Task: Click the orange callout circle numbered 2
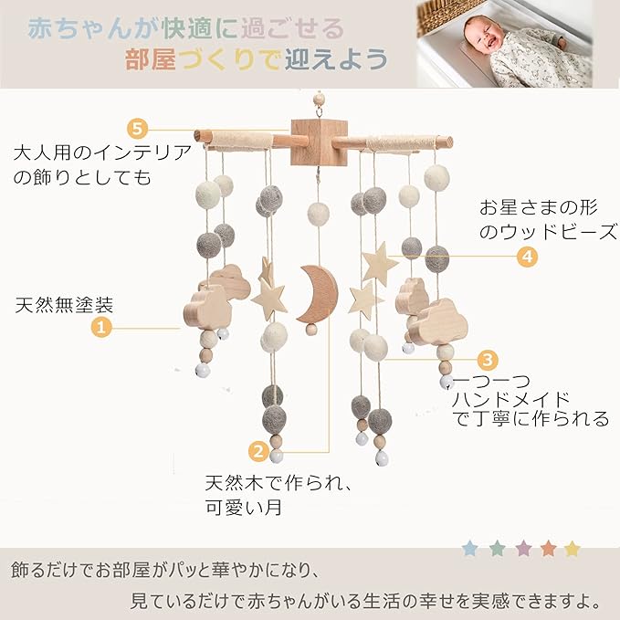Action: click(258, 449)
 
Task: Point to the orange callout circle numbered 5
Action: click(138, 127)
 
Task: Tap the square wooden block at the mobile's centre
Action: click(313, 142)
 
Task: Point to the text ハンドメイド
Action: click(513, 399)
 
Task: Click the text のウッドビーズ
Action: click(548, 231)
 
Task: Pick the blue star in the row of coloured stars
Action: click(470, 549)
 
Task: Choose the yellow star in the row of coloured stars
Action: click(573, 549)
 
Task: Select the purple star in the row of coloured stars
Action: click(522, 549)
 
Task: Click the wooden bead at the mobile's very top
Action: click(319, 97)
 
